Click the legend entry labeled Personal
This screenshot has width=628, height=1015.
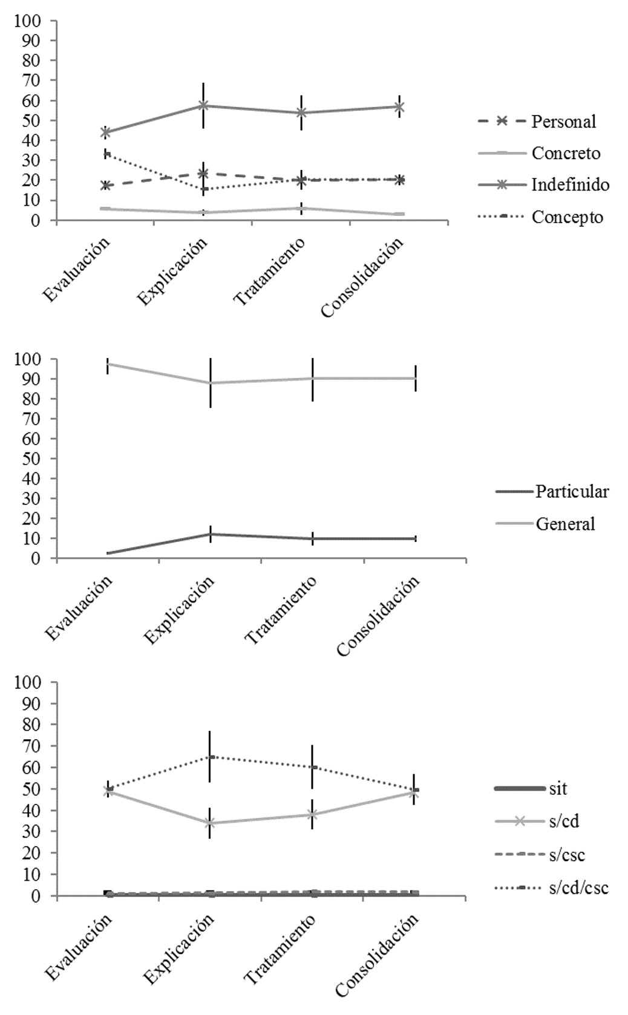click(x=563, y=122)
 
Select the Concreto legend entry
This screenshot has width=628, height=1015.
click(x=566, y=153)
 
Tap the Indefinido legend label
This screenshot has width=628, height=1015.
click(x=570, y=184)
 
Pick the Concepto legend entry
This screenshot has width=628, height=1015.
click(x=567, y=217)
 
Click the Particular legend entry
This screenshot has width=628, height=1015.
click(x=572, y=491)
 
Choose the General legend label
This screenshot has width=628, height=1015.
click(x=565, y=523)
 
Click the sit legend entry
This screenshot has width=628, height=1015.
click(x=558, y=788)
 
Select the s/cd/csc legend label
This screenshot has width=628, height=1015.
click(x=578, y=887)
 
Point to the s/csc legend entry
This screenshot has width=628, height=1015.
click(x=567, y=855)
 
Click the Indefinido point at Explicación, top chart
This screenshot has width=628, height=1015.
click(x=203, y=105)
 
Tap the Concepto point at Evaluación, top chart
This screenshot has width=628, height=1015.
click(x=106, y=154)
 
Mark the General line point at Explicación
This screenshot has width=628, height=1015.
click(x=210, y=383)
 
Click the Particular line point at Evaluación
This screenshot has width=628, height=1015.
click(x=108, y=553)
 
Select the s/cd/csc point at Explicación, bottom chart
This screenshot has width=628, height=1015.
click(x=210, y=756)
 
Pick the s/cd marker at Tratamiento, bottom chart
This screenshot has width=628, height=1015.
click(x=312, y=814)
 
